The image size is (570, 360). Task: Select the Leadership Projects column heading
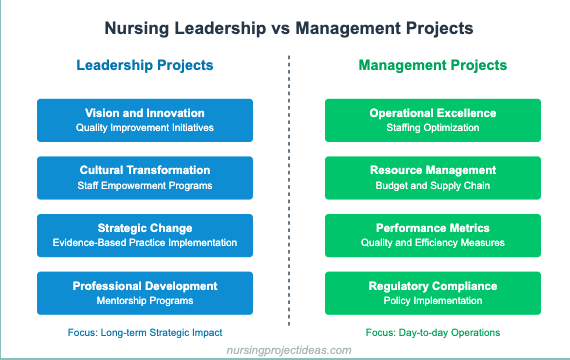point(145,67)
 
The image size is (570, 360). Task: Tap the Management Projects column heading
point(433,67)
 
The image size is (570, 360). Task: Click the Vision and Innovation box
point(145,121)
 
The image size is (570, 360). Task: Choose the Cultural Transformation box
point(145,178)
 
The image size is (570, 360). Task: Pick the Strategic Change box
point(145,235)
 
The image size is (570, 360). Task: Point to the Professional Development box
point(145,292)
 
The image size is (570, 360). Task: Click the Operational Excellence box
point(433,121)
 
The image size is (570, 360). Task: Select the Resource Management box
point(433,178)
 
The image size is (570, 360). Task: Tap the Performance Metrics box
point(433,235)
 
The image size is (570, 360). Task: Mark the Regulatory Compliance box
point(433,292)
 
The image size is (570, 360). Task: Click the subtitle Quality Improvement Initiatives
point(145,129)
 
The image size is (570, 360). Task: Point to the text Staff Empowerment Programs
point(145,186)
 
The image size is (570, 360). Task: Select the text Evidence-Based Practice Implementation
point(145,243)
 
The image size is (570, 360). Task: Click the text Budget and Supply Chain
point(433,186)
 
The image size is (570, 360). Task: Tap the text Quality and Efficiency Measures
point(433,243)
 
